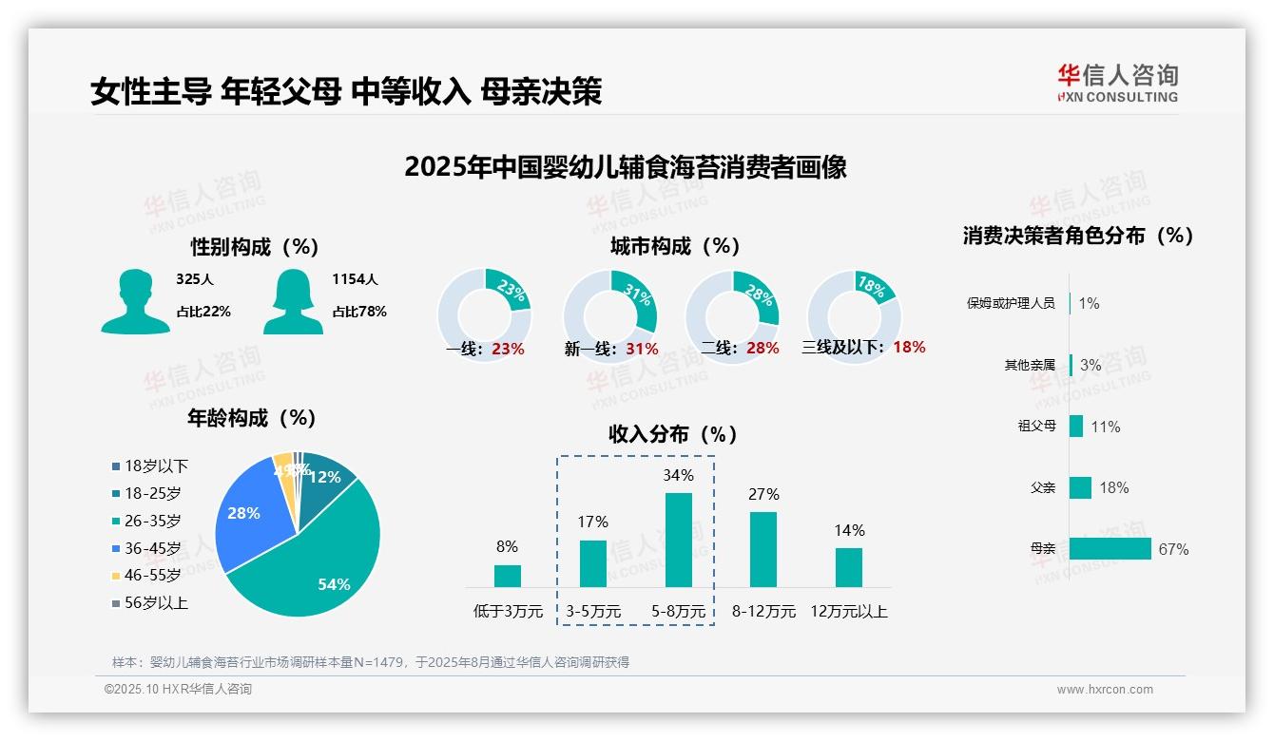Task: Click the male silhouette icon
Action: [x=135, y=302]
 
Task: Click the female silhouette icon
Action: [x=293, y=302]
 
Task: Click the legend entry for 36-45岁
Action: [x=151, y=548]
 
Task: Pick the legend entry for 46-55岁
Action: [x=151, y=576]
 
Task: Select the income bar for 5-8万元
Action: [x=678, y=540]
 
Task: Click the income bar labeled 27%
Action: [x=763, y=549]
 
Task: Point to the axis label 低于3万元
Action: [x=507, y=612]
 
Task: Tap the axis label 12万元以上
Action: [x=849, y=612]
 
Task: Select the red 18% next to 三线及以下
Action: [x=909, y=348]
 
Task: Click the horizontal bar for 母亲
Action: [x=1110, y=549]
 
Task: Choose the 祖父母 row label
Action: [x=1036, y=427]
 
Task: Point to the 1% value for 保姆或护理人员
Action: [x=1090, y=303]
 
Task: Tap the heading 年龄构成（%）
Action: [x=252, y=418]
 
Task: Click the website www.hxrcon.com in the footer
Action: [x=1105, y=690]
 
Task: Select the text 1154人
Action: [x=355, y=279]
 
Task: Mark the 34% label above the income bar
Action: [x=678, y=475]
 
